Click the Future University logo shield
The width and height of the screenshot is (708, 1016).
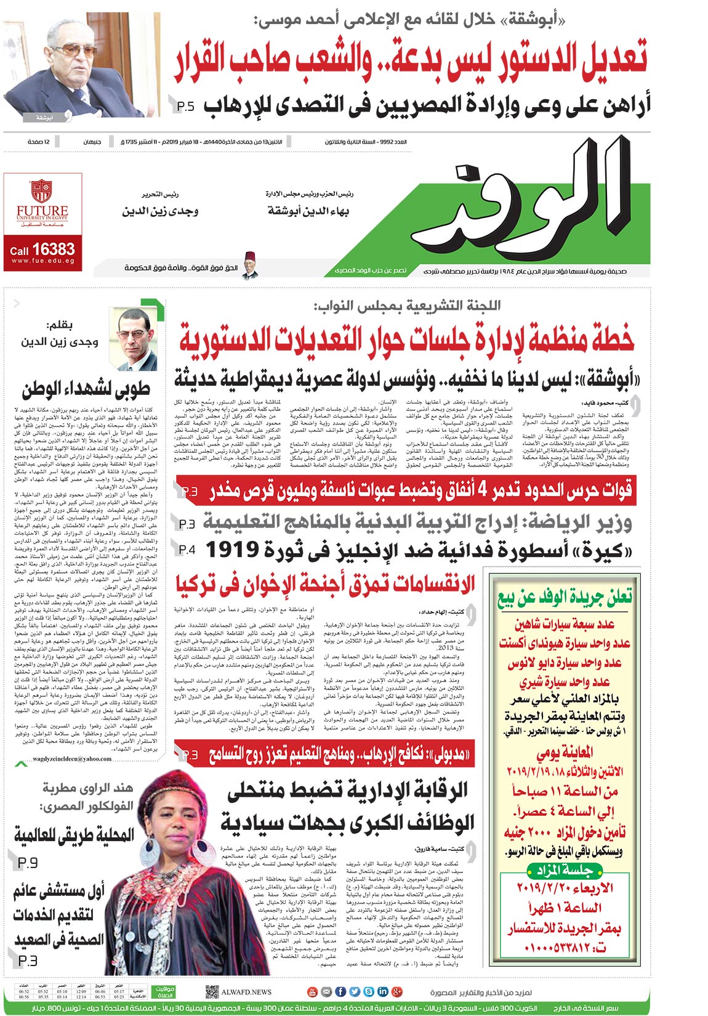42,190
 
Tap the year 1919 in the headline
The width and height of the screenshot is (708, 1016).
238,549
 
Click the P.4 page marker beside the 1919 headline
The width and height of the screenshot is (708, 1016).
187,549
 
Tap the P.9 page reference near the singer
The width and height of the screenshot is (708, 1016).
28,863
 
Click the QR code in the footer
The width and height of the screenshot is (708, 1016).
212,991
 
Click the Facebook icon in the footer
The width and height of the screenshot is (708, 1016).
340,991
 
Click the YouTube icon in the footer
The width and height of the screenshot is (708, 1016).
312,991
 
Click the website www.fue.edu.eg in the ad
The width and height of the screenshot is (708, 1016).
42,261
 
